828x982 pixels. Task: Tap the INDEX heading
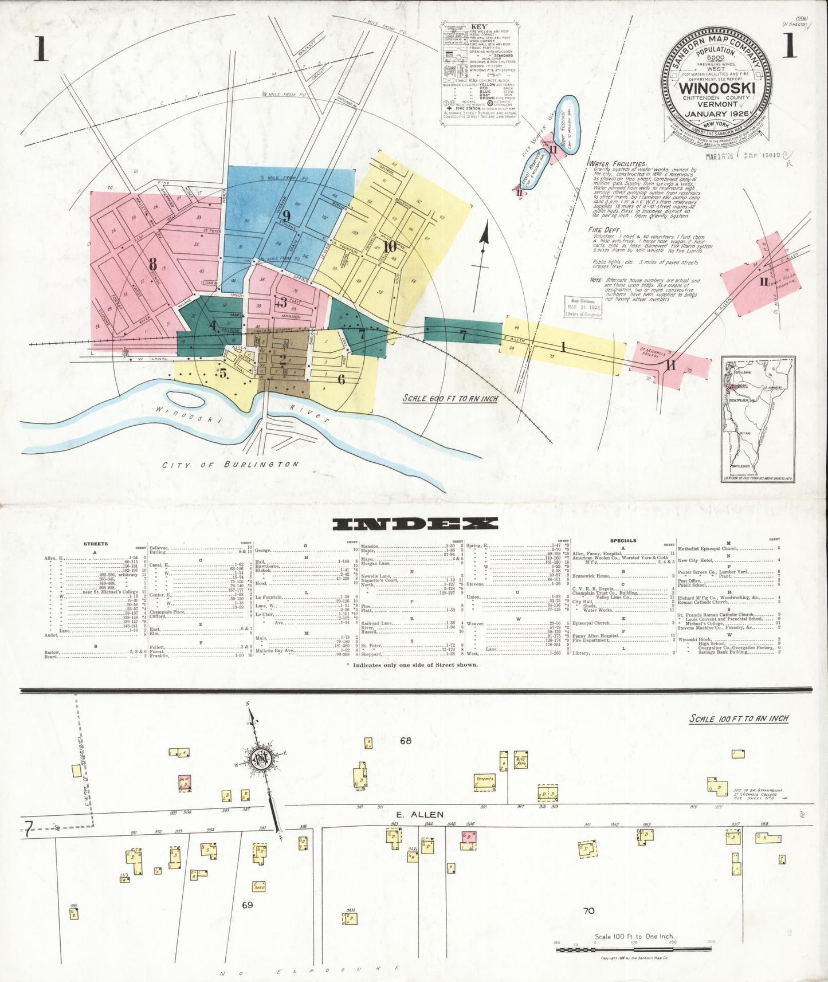[415, 523]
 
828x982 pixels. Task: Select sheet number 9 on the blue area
[287, 216]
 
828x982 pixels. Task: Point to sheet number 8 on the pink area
[152, 264]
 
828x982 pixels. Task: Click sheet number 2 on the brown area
[282, 360]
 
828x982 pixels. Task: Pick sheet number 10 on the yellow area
[390, 247]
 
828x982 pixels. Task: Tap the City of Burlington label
[230, 465]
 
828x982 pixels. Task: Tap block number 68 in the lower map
[406, 741]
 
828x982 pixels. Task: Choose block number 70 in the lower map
[588, 910]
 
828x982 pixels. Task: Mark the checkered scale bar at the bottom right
[633, 949]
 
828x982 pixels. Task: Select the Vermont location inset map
[758, 419]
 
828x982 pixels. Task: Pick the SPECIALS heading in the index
[623, 540]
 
